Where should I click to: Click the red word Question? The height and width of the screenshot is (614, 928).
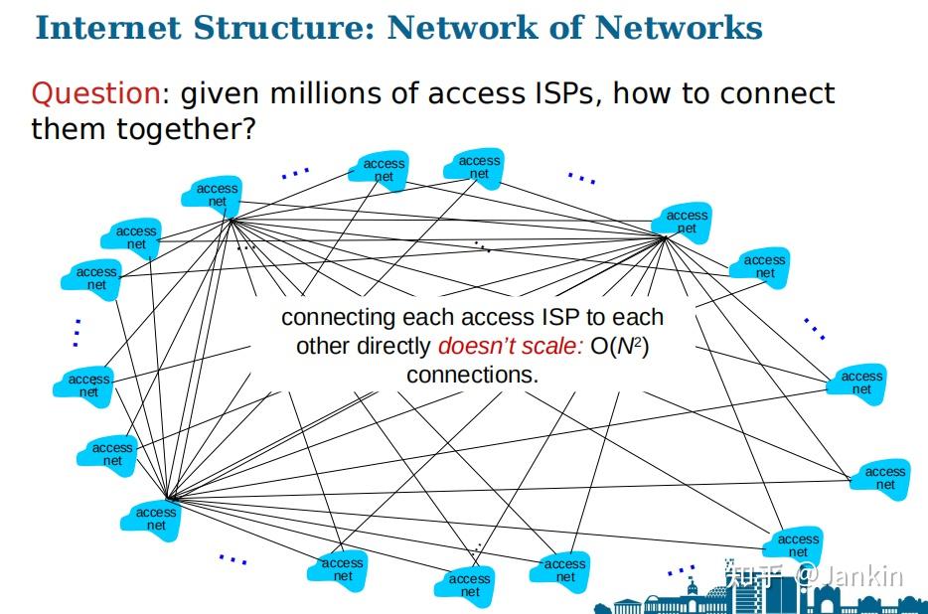point(95,93)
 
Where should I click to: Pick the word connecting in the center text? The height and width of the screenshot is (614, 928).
point(339,318)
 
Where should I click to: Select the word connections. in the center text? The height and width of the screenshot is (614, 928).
point(472,376)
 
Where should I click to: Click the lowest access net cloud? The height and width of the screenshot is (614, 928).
point(469,585)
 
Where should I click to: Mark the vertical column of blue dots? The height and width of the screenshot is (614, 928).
point(77,332)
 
